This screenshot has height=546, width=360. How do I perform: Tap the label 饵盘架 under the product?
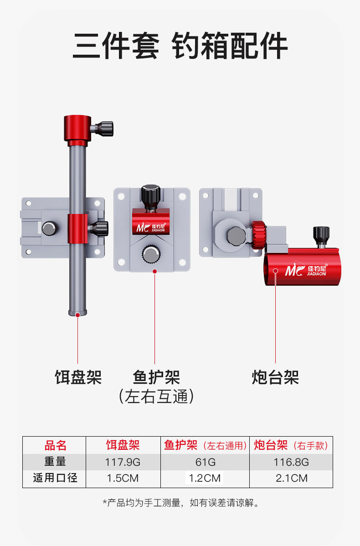(x=78, y=377)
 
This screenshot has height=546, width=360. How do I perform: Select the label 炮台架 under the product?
(x=275, y=377)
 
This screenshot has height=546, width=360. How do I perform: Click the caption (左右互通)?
(x=156, y=397)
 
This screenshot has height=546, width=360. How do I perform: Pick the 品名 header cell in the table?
(x=55, y=445)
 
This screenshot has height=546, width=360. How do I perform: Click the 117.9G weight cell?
(x=123, y=462)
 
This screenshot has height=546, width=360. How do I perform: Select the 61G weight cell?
(x=205, y=462)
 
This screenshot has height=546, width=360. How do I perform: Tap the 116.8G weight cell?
(x=291, y=462)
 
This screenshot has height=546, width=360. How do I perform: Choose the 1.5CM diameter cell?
(x=123, y=478)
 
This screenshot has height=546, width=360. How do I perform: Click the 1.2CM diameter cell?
(x=205, y=478)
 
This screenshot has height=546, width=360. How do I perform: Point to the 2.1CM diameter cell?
(x=291, y=478)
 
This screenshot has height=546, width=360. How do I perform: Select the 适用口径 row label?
(x=55, y=478)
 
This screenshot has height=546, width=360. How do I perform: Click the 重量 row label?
(x=55, y=462)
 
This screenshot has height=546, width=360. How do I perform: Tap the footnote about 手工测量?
(x=180, y=503)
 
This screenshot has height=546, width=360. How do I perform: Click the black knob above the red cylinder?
(x=321, y=235)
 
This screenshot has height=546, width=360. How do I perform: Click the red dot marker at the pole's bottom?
(x=78, y=314)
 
